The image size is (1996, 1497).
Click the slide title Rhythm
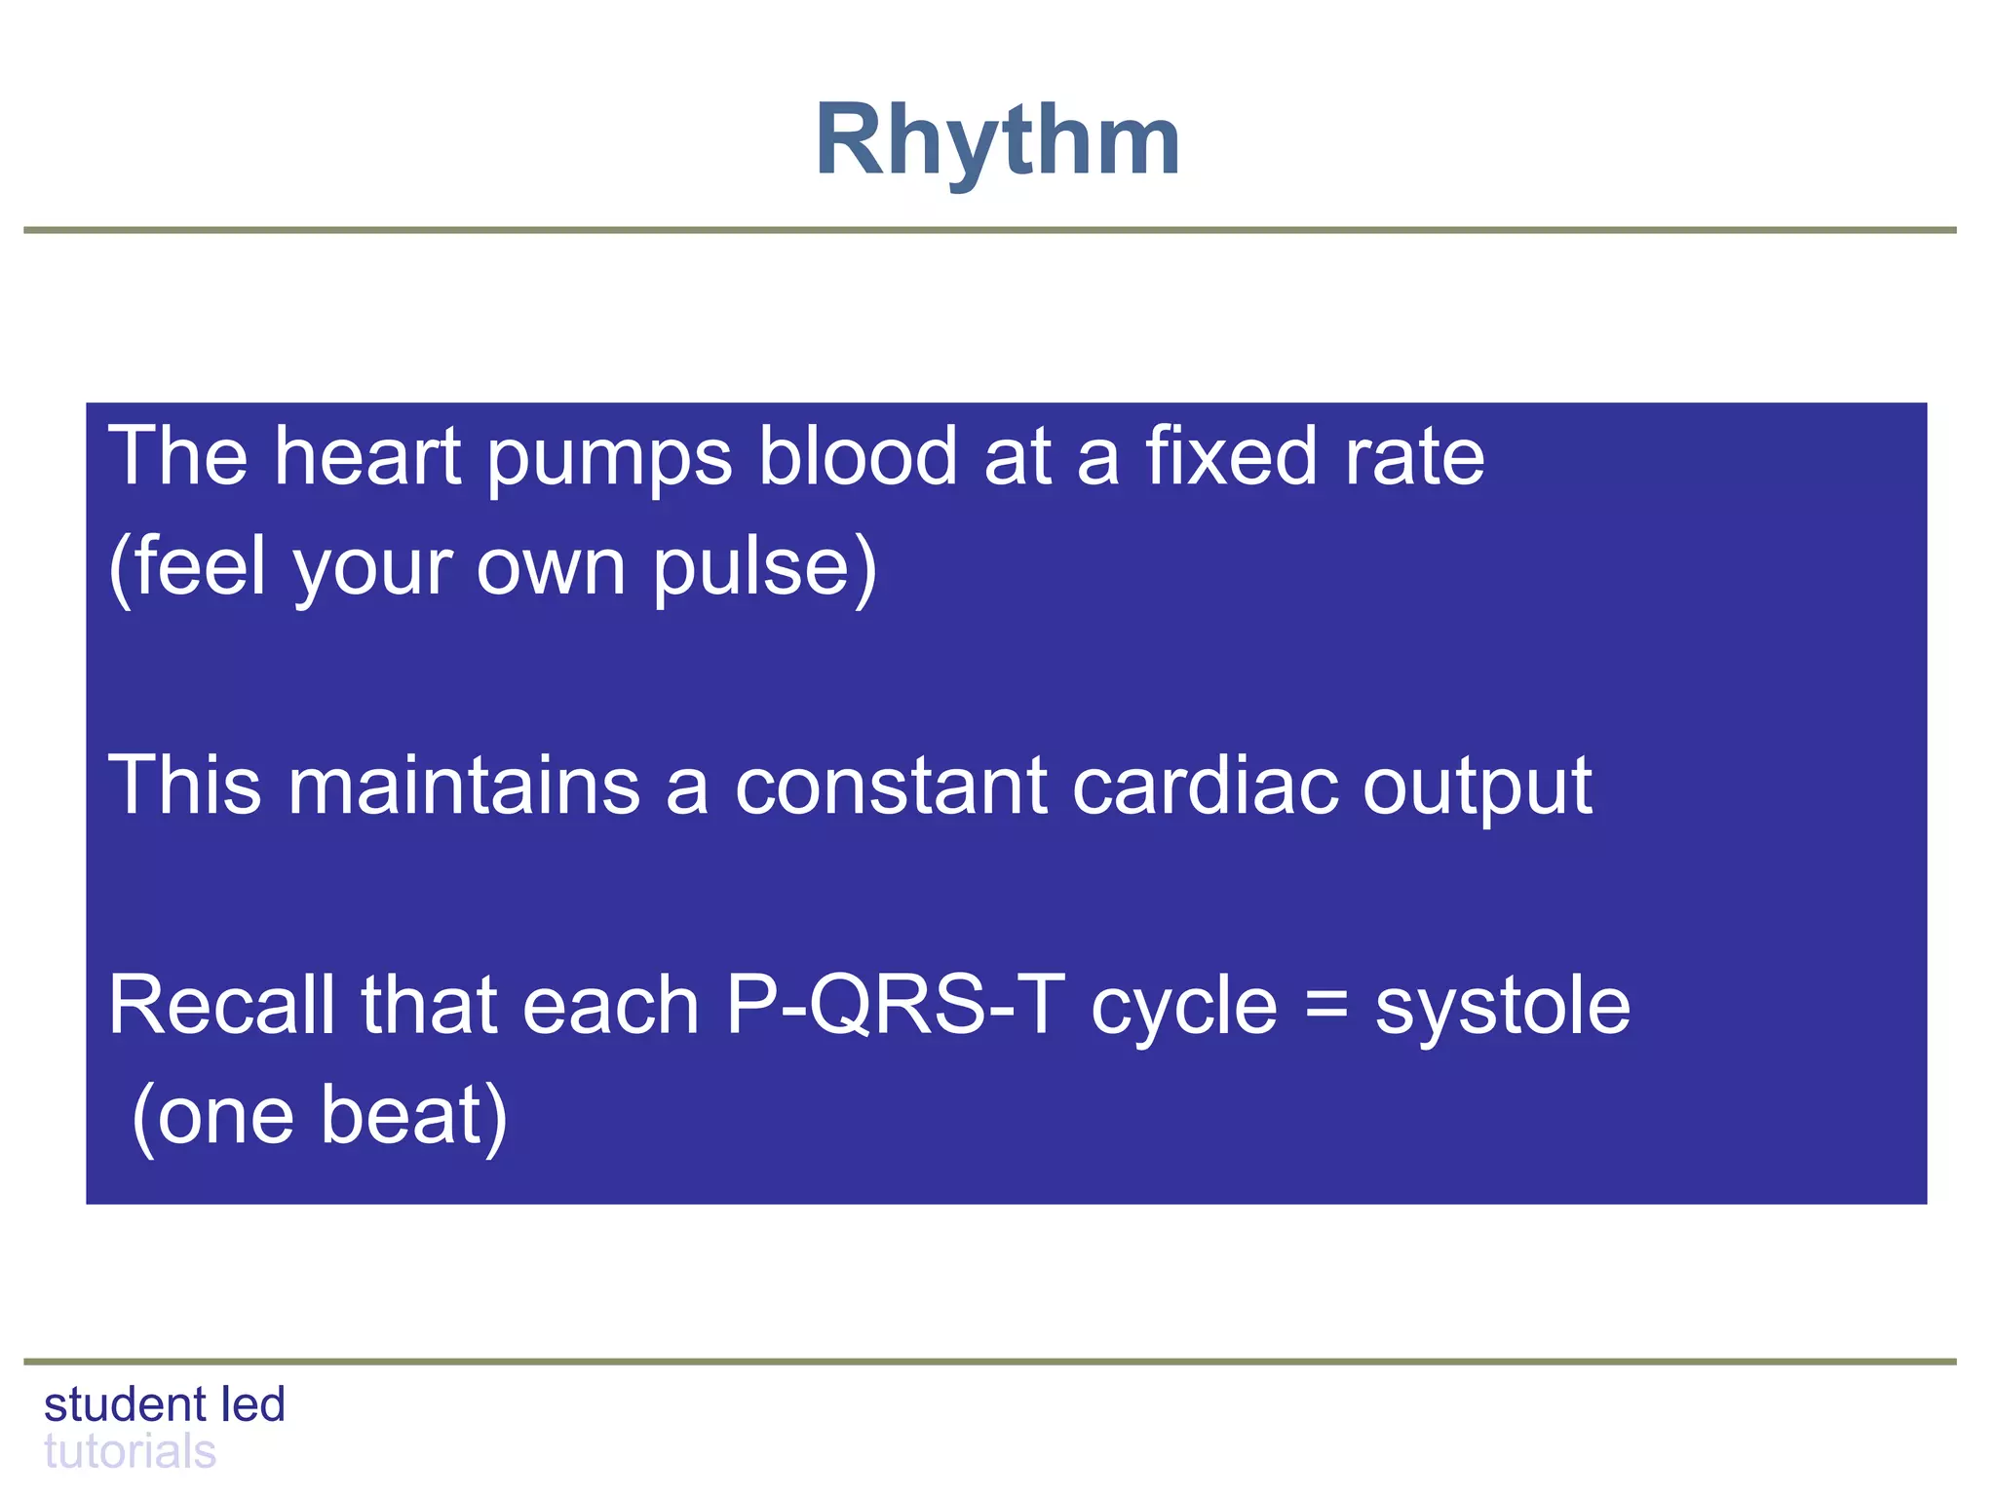997,142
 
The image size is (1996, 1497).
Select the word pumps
609,458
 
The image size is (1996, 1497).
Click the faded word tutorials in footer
130,1452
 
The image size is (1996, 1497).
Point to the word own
551,569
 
